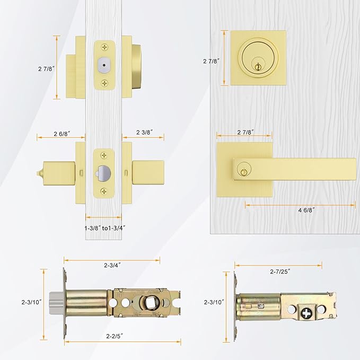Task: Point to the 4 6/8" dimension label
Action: click(306, 210)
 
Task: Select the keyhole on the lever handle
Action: click(244, 171)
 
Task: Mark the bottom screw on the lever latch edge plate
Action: click(104, 190)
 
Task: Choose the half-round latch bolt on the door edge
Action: click(104, 172)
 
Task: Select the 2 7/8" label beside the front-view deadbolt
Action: click(211, 61)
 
